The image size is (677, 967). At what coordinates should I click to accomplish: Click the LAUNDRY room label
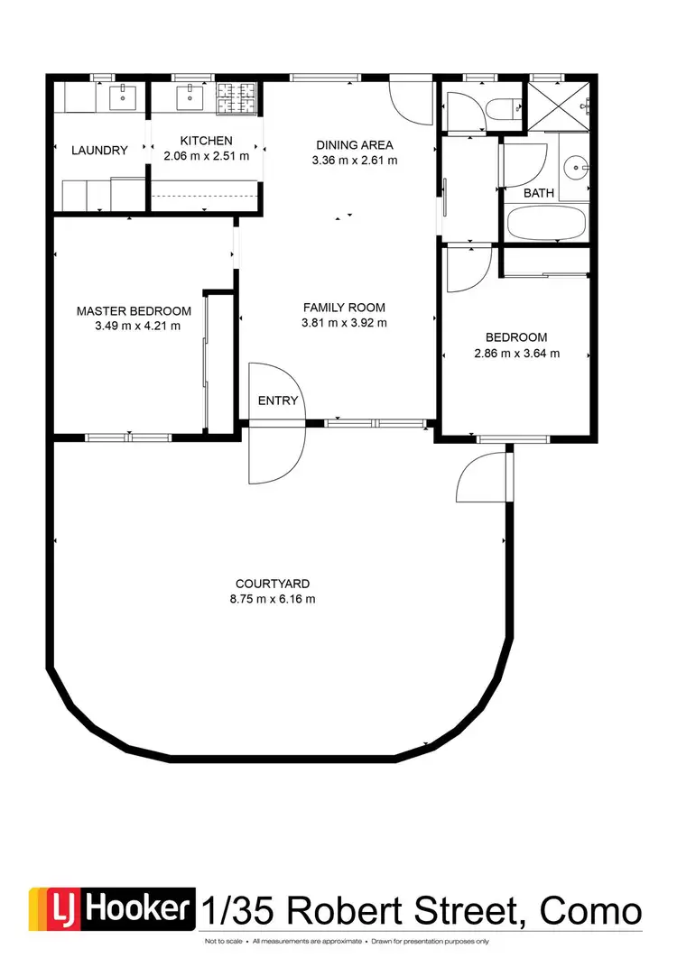[x=99, y=151]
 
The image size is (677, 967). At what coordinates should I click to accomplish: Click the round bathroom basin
[x=573, y=167]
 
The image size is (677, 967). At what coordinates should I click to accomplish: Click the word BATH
[x=539, y=193]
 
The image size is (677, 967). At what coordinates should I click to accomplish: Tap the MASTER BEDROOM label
[x=134, y=311]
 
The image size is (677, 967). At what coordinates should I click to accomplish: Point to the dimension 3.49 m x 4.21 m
[x=137, y=326]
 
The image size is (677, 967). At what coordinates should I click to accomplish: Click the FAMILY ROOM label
[x=344, y=308]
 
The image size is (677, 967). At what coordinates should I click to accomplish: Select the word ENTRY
[x=277, y=401]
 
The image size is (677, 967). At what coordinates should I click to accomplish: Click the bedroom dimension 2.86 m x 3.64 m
[x=516, y=354]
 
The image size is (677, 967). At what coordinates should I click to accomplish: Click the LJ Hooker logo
[x=112, y=909]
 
